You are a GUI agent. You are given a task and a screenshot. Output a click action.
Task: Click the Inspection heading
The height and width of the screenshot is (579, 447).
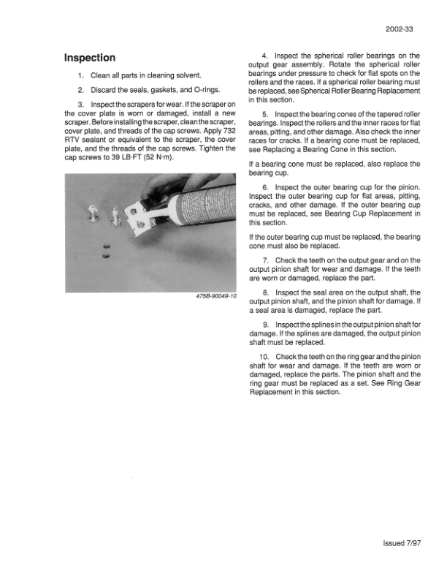(x=90, y=58)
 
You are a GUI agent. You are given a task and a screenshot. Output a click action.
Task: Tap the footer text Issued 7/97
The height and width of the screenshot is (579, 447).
(x=400, y=542)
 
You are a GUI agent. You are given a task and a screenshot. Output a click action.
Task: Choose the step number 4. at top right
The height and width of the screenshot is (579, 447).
(x=264, y=55)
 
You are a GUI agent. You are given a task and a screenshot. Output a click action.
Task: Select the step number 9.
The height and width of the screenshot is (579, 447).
(x=266, y=324)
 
